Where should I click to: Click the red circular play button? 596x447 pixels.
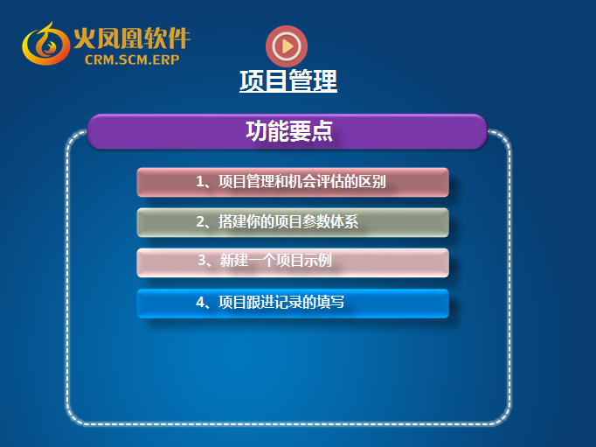point(287,46)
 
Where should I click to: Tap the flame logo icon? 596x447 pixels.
point(45,44)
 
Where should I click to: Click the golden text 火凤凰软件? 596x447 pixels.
point(132,38)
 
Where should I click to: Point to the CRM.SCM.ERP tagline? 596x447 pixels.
point(132,59)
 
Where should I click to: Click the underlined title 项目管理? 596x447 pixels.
point(288,80)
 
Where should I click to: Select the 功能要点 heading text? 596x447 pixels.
point(289,131)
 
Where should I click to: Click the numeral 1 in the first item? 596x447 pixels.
point(200,181)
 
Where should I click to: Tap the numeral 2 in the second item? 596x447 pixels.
point(200,222)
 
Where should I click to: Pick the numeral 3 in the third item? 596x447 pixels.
point(202,261)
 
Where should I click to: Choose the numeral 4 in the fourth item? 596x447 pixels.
point(200,302)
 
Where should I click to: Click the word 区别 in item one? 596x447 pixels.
point(372,181)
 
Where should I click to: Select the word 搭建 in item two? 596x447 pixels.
point(232,222)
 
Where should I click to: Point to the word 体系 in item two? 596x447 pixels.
point(344,222)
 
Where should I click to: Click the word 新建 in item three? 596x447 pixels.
point(233,261)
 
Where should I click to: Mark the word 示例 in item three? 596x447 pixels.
point(318,261)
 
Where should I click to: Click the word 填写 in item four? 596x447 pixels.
point(330,302)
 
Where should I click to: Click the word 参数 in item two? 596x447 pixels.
point(316,222)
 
